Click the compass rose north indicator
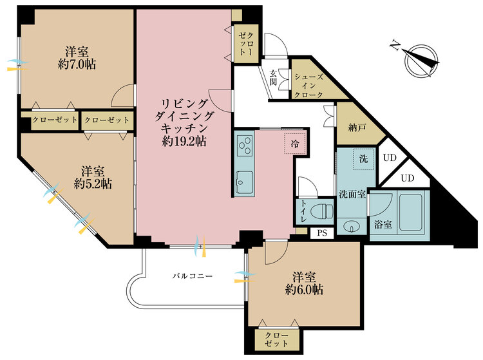click(420, 61)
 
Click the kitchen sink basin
click(245, 182)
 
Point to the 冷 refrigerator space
click(295, 144)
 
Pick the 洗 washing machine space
click(364, 159)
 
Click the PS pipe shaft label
click(322, 233)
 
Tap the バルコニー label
click(192, 276)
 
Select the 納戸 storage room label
click(357, 128)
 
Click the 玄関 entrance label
click(273, 78)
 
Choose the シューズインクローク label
click(308, 86)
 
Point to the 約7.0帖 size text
click(77, 64)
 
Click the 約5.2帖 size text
click(93, 184)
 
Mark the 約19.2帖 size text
click(184, 141)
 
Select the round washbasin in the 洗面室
click(351, 227)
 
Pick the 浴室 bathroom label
click(383, 225)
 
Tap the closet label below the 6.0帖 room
click(276, 339)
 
